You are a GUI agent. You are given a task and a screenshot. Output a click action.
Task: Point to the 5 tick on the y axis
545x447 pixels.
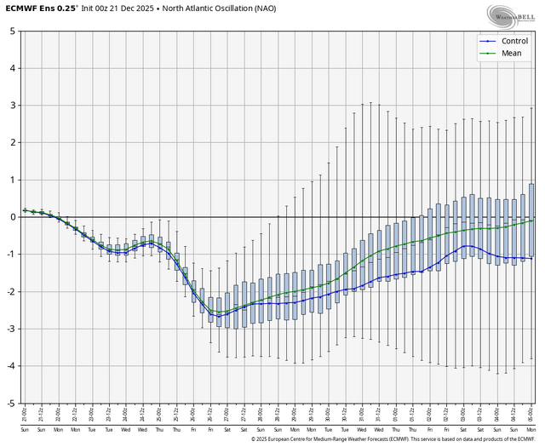[x=11, y=31]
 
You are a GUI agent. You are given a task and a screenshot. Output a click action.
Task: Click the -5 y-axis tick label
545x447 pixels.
[x=9, y=403]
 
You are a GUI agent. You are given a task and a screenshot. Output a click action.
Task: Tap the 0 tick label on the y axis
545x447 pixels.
[x=11, y=217]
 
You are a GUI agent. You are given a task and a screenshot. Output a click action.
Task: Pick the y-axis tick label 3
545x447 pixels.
[x=11, y=106]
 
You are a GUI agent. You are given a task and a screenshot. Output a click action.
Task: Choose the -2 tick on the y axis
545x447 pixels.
[x=9, y=291]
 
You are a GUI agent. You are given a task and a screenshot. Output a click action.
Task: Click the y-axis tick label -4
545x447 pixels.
[x=9, y=366]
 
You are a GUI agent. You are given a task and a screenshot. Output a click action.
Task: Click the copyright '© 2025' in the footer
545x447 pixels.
[x=262, y=440]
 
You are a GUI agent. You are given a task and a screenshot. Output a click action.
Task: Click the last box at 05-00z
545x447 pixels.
[x=532, y=219]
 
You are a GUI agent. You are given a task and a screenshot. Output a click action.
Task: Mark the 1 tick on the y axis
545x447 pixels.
[x=11, y=180]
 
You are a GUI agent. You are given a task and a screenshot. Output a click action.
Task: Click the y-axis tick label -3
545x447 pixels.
[x=9, y=329]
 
